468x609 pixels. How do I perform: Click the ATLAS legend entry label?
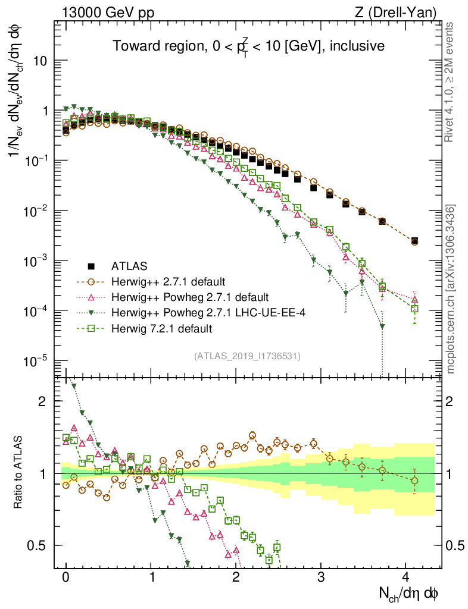click(129, 266)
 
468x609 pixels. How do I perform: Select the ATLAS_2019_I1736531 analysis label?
click(247, 356)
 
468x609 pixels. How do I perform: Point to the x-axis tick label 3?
click(321, 577)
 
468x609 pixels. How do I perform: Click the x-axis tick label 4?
click(406, 577)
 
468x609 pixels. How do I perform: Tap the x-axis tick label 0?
click(66, 577)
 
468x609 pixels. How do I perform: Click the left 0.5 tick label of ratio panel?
click(39, 545)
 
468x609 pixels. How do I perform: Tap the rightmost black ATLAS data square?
click(414, 240)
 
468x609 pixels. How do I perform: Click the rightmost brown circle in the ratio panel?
click(415, 481)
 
